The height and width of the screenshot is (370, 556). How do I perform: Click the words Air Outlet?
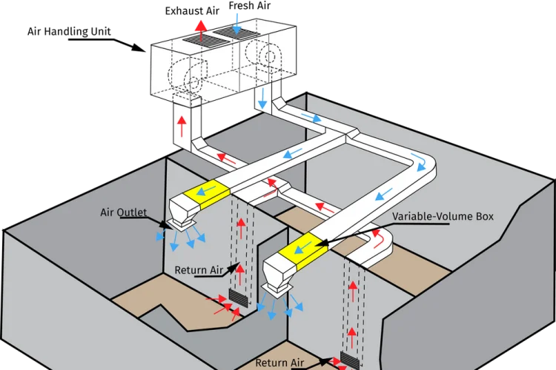pos(126,213)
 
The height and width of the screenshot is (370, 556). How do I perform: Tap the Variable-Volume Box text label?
pos(443,217)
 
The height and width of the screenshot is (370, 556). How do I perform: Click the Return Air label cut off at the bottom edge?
pos(281,363)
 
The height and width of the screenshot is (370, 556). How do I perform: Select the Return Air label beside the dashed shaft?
pos(200,270)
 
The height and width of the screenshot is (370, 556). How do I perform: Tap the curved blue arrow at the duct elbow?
pos(421,158)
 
